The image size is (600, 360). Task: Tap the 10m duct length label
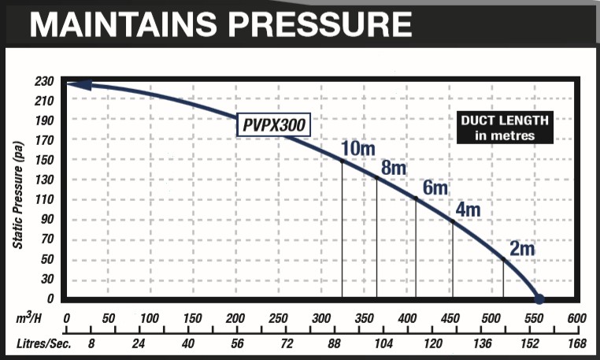coord(358,147)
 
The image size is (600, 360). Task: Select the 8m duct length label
coord(393,168)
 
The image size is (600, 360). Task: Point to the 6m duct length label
coord(435,189)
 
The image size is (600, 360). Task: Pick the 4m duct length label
coord(468,210)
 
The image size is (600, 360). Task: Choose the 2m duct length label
coord(522,249)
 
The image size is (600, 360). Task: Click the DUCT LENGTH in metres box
coord(505,128)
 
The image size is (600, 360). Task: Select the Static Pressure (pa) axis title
coord(18,193)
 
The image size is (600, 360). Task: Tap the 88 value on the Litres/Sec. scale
coord(335,343)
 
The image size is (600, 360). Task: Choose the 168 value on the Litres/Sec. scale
coord(577,343)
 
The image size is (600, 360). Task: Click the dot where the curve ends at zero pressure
coord(539,299)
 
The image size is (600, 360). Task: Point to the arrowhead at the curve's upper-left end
coord(76,85)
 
